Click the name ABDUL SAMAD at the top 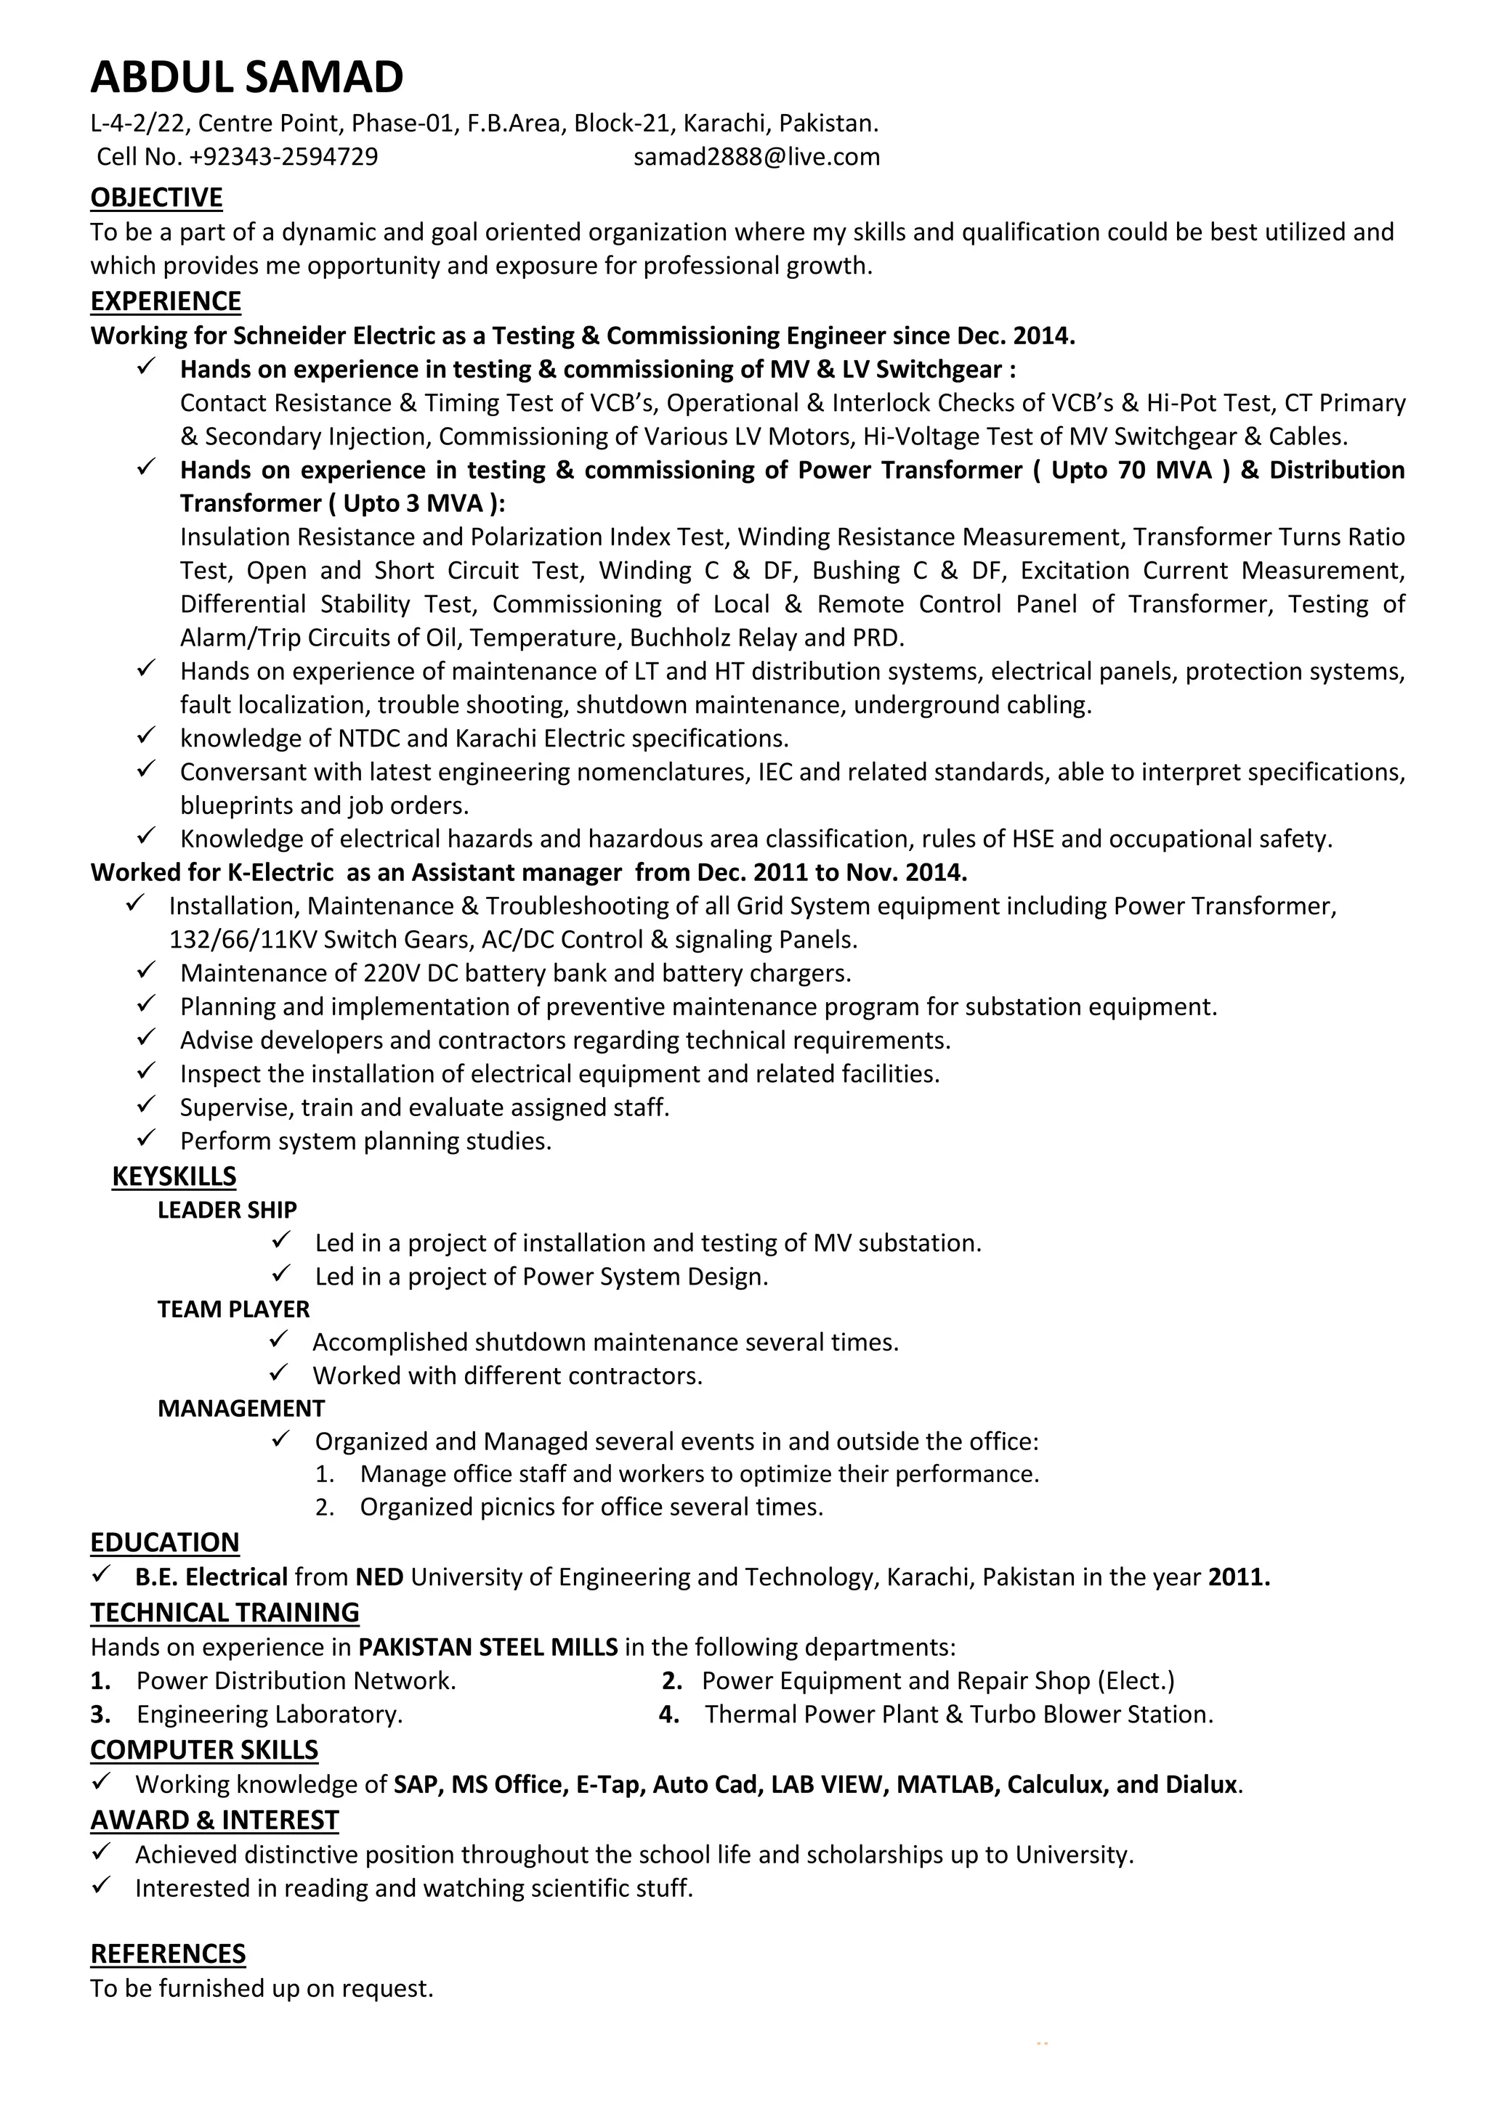click(246, 78)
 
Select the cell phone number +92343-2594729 click(283, 158)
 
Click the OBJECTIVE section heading click(157, 198)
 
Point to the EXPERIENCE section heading click(166, 301)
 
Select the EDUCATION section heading click(165, 1542)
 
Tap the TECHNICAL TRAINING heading click(225, 1612)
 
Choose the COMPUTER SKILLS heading click(204, 1749)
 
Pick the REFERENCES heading click(168, 1955)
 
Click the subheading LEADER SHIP click(227, 1210)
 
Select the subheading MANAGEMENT click(241, 1408)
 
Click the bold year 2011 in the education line click(1239, 1577)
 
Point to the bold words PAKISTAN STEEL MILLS click(488, 1648)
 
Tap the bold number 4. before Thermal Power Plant click(669, 1714)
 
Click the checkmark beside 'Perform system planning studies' click(147, 1139)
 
